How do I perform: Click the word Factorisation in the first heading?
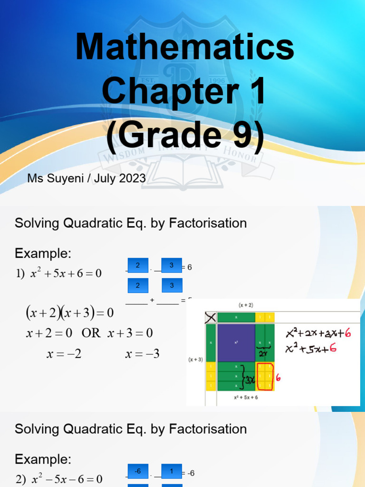coord(208,223)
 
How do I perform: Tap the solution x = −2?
coord(64,354)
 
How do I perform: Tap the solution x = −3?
coord(142,354)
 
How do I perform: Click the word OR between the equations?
coord(91,333)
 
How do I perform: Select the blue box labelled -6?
coord(138,471)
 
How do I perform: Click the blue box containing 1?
coord(172,471)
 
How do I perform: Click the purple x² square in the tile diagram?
coord(236,342)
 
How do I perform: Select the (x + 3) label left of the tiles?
coord(195,360)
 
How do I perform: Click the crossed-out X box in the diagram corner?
coord(210,317)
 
